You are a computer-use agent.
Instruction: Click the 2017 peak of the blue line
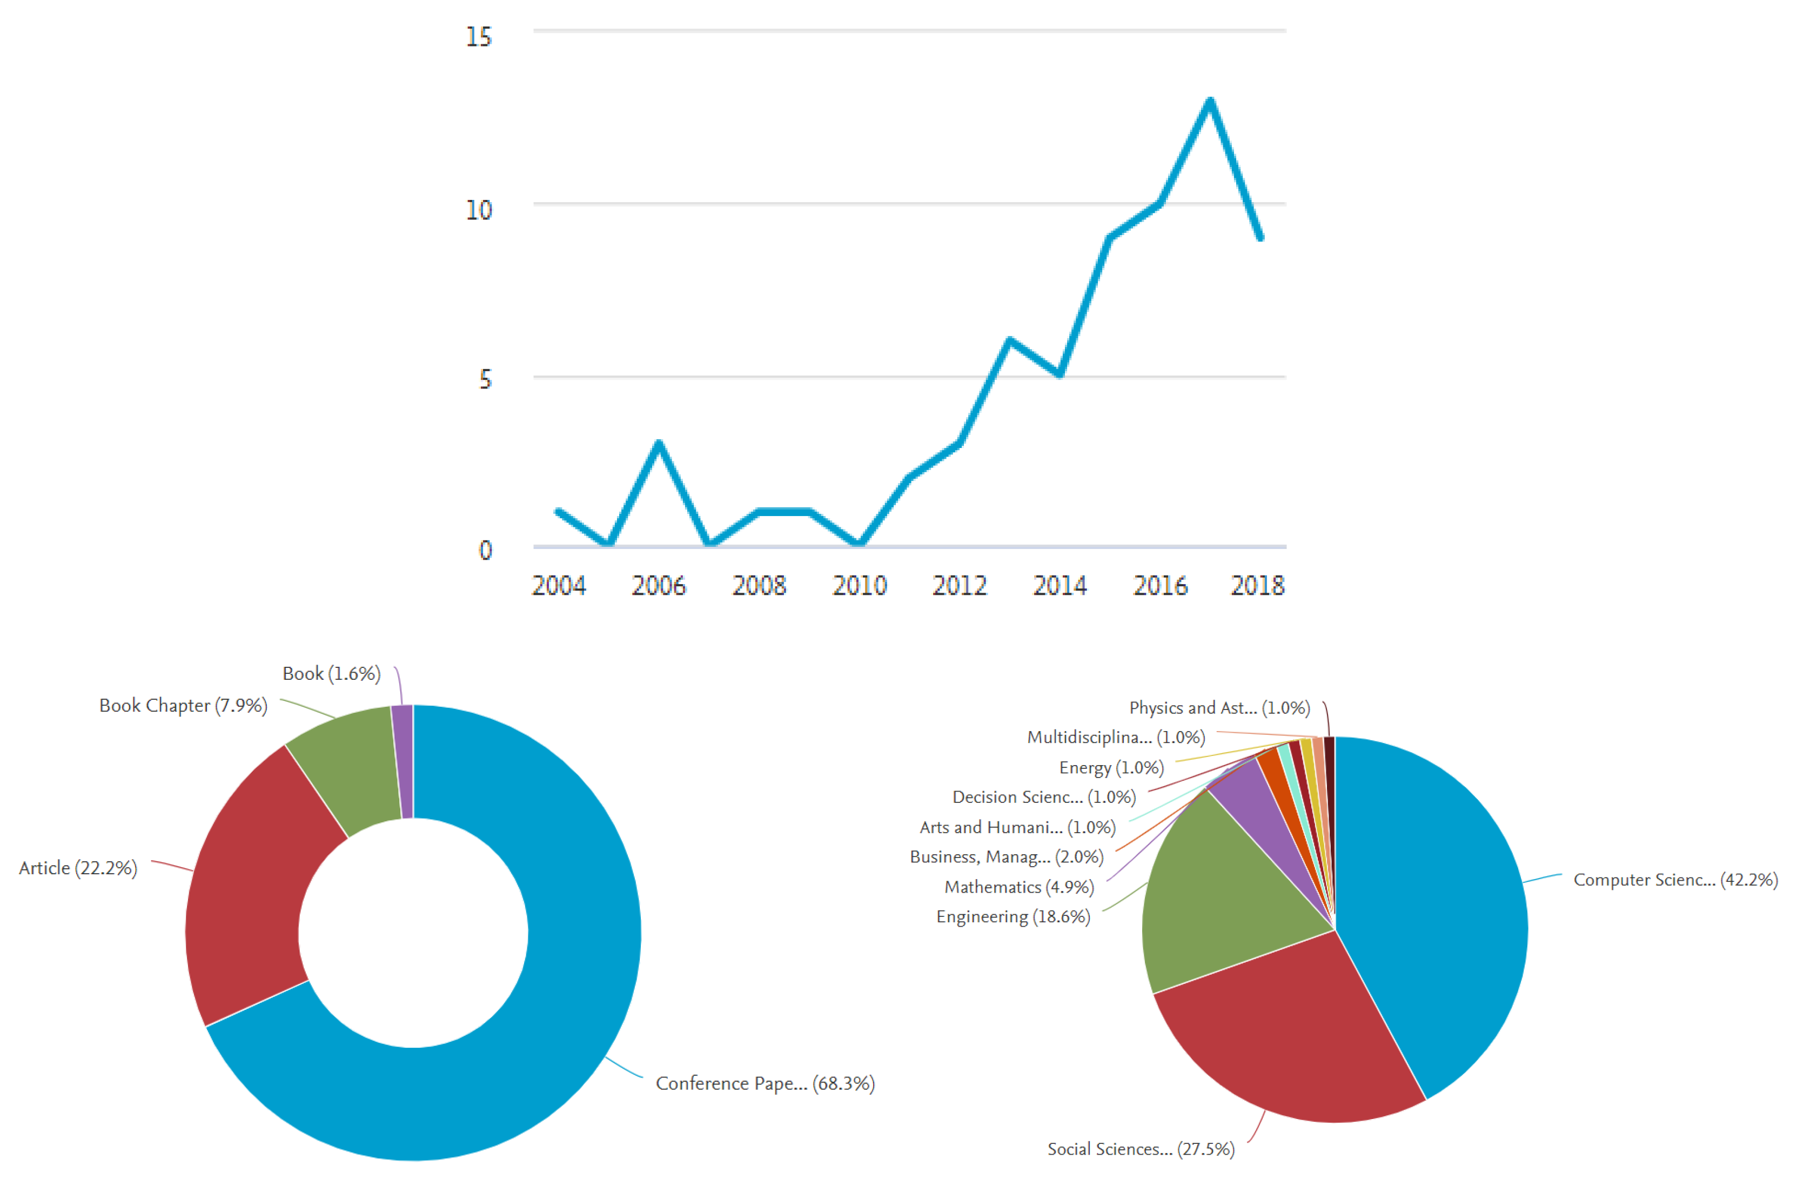(1210, 101)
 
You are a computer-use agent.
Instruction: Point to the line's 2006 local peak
(659, 444)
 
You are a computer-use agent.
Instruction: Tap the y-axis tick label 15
(479, 37)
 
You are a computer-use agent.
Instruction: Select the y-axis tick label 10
(479, 210)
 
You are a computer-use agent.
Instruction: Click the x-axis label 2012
(960, 585)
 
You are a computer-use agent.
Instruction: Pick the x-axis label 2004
(559, 585)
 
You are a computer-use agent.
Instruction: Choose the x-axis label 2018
(1257, 585)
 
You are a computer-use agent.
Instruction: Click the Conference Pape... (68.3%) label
(765, 1083)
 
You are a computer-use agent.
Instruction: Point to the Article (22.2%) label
(78, 868)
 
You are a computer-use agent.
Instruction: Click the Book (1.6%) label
(331, 673)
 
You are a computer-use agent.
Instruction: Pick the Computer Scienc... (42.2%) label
(1675, 880)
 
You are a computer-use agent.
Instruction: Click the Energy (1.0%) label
(1111, 767)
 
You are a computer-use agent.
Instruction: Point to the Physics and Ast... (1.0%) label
(1219, 708)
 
